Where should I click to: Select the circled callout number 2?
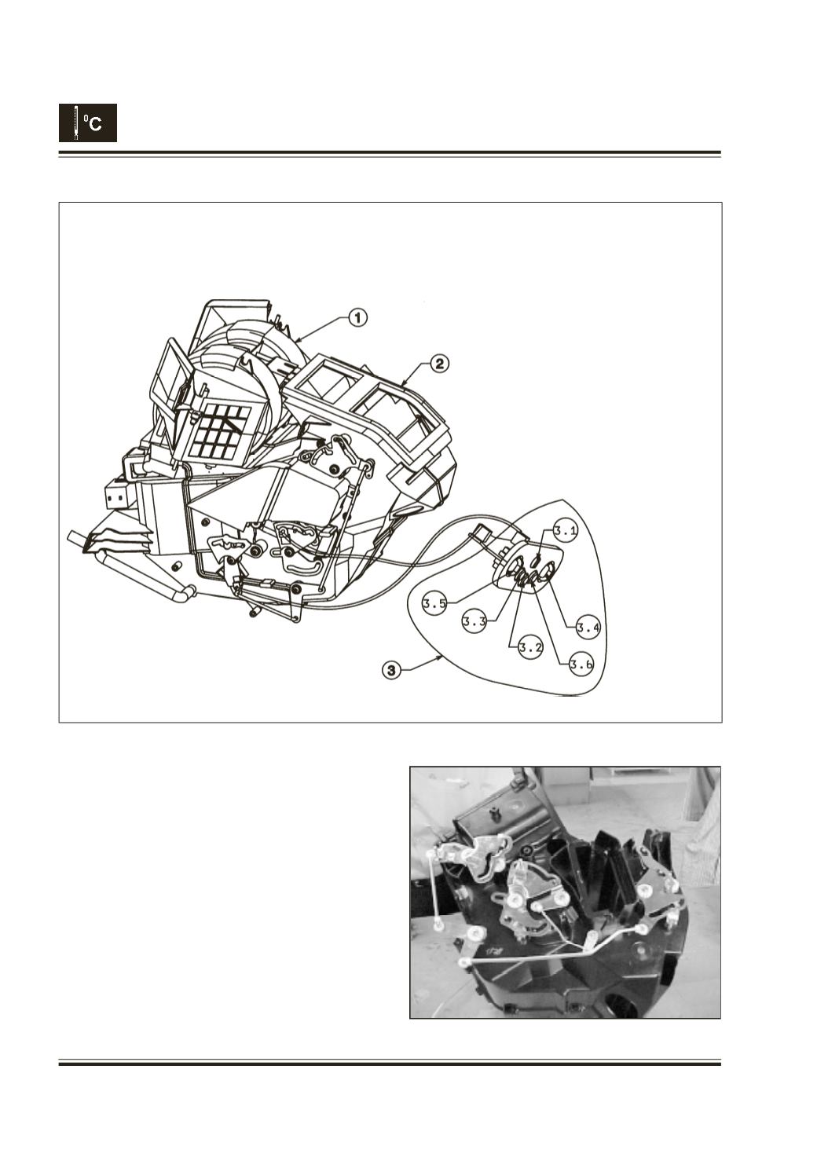439,364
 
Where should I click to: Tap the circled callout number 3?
391,671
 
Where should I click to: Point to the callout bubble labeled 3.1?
566,532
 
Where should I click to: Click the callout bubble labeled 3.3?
474,622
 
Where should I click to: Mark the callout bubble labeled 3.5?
434,604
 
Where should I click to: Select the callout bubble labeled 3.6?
581,665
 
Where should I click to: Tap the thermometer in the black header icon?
76,123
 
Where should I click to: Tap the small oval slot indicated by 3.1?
538,560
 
